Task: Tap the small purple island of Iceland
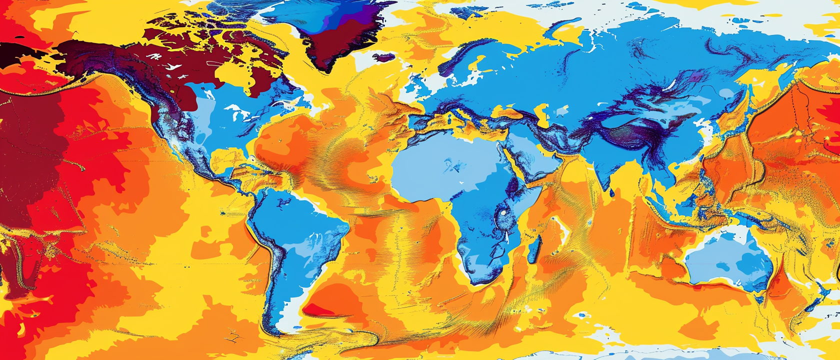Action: (x=382, y=58)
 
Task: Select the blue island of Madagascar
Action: (x=534, y=249)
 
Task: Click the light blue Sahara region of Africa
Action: (x=440, y=160)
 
